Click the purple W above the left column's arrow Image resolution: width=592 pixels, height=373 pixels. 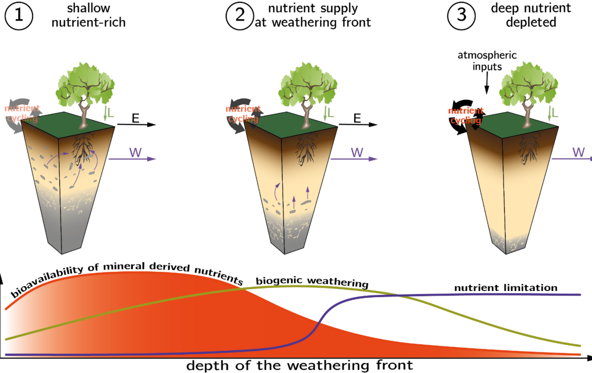[x=135, y=152]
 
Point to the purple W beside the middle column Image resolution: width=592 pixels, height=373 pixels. [x=357, y=152]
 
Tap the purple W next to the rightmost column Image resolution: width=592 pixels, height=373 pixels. [x=578, y=152]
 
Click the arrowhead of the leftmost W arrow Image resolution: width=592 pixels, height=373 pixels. [x=152, y=159]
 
